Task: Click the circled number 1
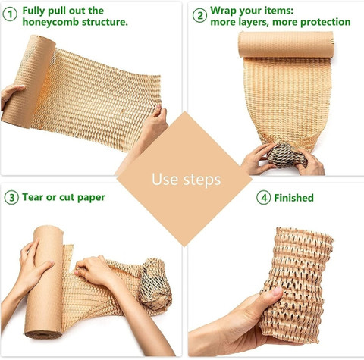[x=10, y=14]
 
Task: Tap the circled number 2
[x=199, y=15]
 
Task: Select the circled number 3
[x=11, y=197]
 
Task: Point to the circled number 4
[x=264, y=198]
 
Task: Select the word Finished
[x=293, y=198]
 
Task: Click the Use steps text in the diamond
[x=187, y=180]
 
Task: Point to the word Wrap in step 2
[x=223, y=11]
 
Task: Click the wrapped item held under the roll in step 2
[x=287, y=155]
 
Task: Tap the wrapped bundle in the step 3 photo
[x=155, y=285]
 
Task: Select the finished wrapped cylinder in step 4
[x=298, y=284]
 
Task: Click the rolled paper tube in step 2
[x=286, y=45]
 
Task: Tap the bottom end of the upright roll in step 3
[x=43, y=334]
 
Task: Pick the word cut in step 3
[x=67, y=197]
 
